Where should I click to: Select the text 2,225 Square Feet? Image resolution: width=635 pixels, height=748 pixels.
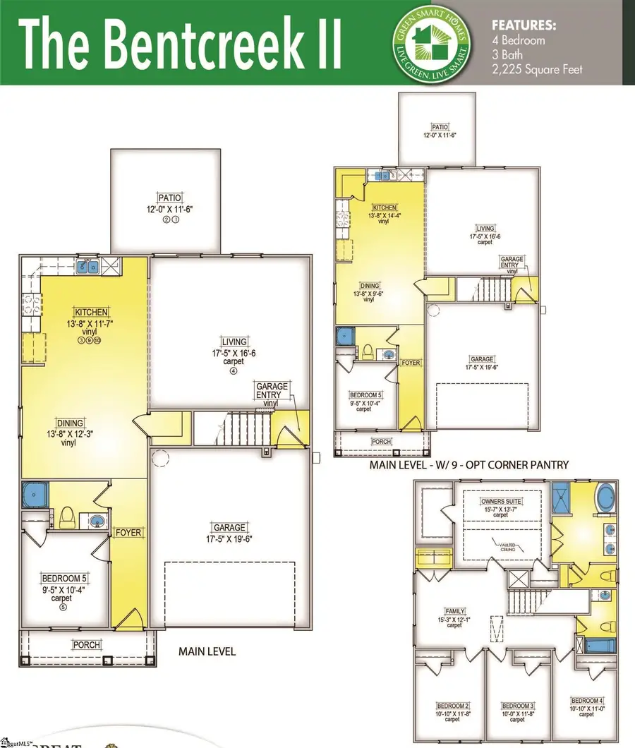537,70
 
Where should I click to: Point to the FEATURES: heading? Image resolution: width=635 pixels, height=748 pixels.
523,25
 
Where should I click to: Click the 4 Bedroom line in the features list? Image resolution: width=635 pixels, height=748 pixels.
518,40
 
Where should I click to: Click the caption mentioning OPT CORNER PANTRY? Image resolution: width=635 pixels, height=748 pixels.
469,466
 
